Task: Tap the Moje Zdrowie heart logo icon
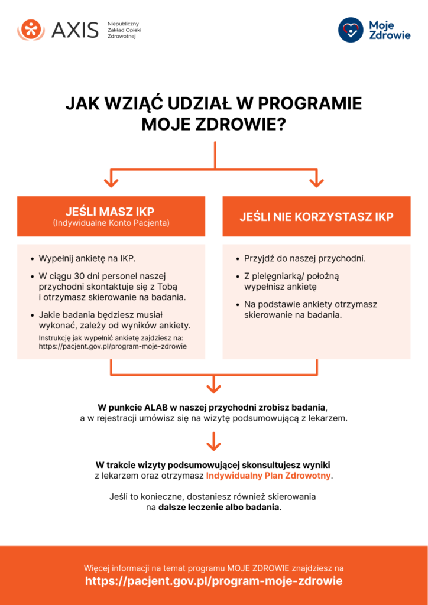point(351,30)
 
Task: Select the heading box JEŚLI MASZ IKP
point(111,216)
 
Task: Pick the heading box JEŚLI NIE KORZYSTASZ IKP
point(316,216)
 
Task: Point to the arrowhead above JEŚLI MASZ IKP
point(111,180)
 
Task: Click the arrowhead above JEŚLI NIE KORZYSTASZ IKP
point(316,180)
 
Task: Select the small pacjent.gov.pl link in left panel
point(112,346)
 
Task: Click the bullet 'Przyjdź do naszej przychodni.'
point(304,259)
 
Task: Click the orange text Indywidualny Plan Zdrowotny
point(268,476)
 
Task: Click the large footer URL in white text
point(213,581)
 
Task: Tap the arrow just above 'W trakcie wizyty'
point(213,442)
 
